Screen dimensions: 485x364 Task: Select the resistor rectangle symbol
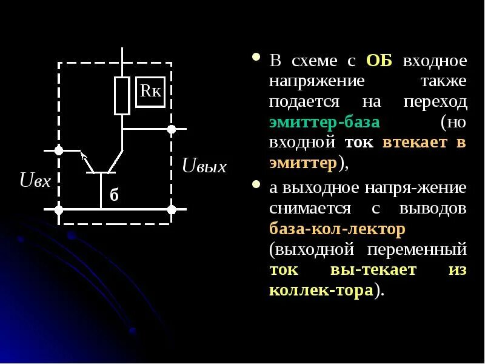(122, 96)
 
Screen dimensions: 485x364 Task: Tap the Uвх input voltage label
(35, 180)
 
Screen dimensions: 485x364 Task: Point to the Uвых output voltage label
(204, 166)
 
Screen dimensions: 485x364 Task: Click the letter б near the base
(113, 195)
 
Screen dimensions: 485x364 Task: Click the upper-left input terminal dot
(59, 150)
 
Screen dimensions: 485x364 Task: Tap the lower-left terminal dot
(59, 210)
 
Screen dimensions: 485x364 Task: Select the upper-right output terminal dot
(172, 129)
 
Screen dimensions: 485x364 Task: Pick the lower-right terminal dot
(172, 210)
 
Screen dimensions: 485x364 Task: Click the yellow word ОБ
(380, 61)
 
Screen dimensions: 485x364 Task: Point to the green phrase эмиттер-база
(324, 123)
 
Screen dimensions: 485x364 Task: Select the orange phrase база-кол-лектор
(336, 229)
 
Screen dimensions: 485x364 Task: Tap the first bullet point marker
(256, 59)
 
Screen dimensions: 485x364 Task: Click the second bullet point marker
(256, 184)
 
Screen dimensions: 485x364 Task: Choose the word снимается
(310, 208)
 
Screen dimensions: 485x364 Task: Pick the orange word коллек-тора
(321, 290)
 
